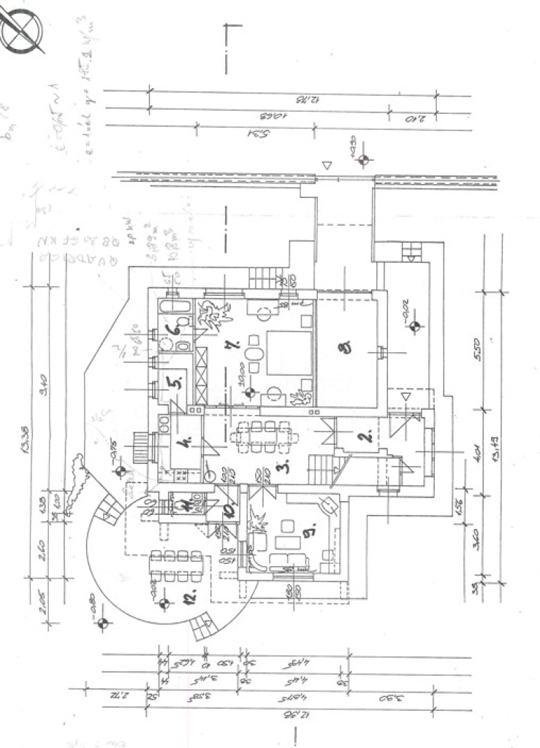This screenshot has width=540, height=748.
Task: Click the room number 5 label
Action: (x=174, y=381)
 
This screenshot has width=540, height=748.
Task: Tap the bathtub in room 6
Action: (x=175, y=307)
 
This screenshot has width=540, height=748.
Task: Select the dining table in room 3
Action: (x=265, y=436)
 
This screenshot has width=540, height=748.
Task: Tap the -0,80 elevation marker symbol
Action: (x=102, y=623)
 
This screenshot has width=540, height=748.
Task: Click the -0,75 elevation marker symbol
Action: (x=121, y=470)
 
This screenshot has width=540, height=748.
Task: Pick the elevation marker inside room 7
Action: (x=249, y=393)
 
